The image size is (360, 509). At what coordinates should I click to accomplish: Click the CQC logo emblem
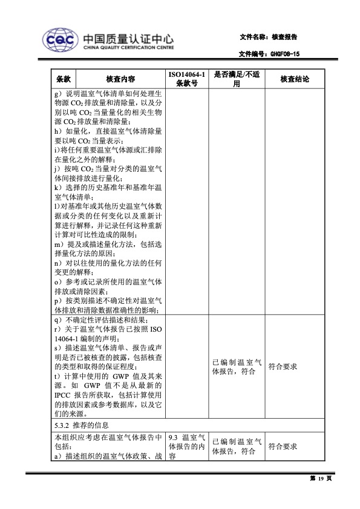point(59,39)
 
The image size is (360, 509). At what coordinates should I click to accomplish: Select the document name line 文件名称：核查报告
point(269,37)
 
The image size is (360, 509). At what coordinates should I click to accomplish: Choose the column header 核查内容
point(120,79)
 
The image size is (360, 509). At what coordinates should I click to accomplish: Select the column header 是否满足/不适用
point(237,79)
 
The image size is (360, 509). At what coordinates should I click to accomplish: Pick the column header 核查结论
point(295,79)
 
